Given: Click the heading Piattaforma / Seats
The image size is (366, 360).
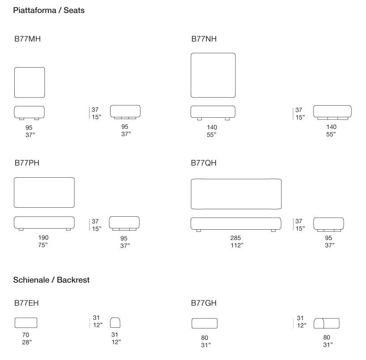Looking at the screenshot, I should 49,10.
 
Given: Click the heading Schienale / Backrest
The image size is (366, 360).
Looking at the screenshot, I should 51,280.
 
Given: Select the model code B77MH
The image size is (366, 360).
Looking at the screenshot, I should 27,39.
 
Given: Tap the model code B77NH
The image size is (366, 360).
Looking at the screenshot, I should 204,39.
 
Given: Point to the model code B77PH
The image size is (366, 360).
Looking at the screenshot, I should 26,163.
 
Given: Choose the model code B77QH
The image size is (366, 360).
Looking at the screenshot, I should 204,163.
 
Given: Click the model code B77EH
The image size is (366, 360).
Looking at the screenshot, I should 26,303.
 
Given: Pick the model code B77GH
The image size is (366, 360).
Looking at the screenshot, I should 204,303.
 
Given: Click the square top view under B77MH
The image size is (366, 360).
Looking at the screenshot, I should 30,83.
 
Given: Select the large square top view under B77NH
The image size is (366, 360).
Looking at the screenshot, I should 213,75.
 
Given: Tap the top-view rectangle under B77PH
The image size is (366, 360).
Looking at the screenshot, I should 44,193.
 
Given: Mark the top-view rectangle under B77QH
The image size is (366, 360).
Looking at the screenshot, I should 236,194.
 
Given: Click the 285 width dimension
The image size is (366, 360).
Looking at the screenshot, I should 236,238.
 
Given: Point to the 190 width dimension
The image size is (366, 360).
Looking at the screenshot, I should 43,237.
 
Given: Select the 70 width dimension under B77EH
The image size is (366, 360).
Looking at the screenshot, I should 26,334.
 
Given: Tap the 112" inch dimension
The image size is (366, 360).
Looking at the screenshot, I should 236,245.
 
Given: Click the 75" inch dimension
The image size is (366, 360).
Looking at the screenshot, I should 43,245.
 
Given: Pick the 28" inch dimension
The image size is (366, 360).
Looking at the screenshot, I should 26,342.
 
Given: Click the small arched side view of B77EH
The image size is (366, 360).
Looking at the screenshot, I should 116,322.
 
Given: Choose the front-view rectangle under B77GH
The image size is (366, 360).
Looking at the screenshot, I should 204,323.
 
